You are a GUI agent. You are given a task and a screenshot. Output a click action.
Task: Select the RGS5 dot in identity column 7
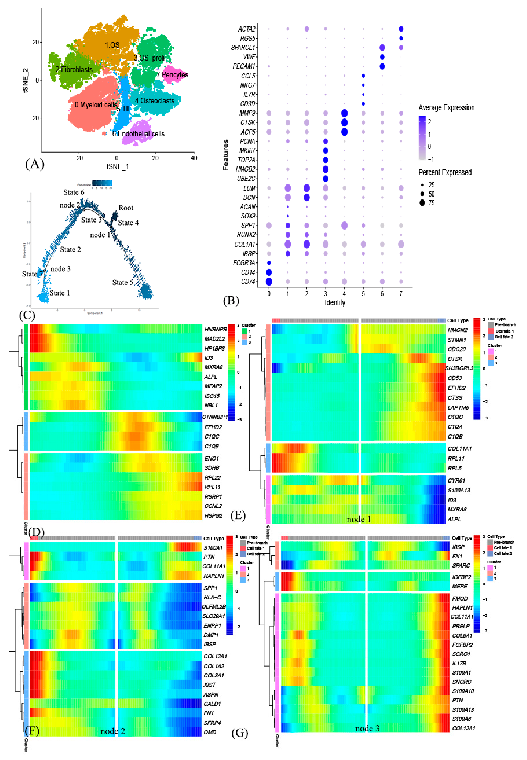click(x=401, y=38)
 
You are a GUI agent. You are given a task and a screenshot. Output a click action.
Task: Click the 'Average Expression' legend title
click(x=446, y=108)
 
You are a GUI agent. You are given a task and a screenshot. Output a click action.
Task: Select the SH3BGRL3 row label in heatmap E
click(x=459, y=368)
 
